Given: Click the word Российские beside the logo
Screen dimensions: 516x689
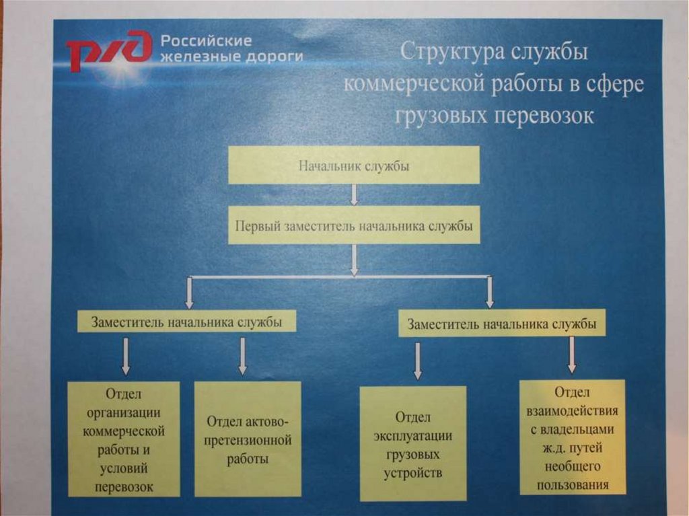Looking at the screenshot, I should (x=206, y=40).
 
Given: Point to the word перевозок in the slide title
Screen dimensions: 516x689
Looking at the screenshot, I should (x=545, y=115).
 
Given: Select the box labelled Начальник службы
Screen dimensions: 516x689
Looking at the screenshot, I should (x=354, y=165).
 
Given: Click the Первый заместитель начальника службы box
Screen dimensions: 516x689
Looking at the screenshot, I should (x=354, y=225).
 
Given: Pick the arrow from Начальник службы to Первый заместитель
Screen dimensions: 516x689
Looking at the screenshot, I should (x=354, y=194).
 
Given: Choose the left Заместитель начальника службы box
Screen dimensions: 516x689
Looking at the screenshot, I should (x=187, y=322).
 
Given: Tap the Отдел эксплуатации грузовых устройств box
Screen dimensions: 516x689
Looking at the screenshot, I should (x=413, y=444).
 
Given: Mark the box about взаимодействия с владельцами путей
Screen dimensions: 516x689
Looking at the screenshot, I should (x=573, y=437).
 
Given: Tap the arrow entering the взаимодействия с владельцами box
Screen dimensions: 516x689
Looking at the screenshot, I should (x=572, y=355).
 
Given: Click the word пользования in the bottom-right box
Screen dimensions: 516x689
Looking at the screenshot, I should (x=573, y=484).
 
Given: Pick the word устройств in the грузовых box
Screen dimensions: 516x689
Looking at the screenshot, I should (x=413, y=472).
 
